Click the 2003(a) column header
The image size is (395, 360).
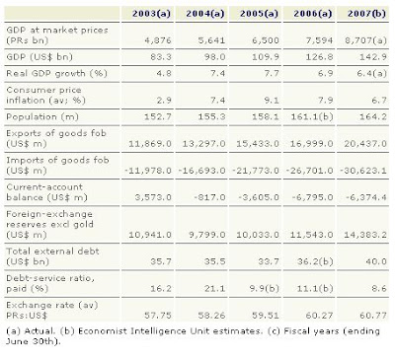coord(151,14)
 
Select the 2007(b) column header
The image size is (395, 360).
coord(366,14)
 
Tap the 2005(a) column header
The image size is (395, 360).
coord(259,14)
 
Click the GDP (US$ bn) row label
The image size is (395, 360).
coord(39,57)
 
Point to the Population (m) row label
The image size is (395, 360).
coord(42,116)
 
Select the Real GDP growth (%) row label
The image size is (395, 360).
coord(56,73)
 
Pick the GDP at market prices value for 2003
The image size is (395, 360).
coord(158,40)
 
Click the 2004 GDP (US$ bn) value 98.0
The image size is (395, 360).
coord(214,57)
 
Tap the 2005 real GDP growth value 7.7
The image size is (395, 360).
coord(272,73)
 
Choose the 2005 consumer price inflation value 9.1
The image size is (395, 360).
coord(272,100)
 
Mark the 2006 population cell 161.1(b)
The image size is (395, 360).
coord(312,116)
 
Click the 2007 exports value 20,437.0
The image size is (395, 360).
coord(365,144)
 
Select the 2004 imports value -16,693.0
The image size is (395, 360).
coord(201,171)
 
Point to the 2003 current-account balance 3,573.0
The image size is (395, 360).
coord(153,197)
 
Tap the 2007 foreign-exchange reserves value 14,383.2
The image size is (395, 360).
coord(365,235)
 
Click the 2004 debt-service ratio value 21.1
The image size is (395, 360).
coord(214,288)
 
